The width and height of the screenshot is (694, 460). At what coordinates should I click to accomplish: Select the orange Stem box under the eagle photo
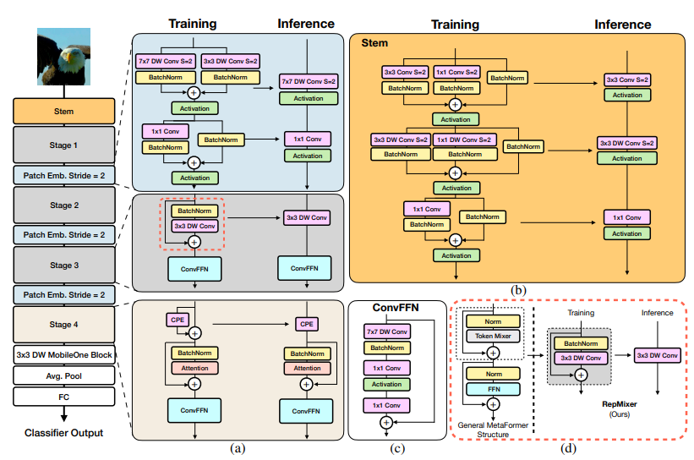pyautogui.click(x=63, y=111)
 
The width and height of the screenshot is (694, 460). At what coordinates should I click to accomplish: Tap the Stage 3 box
pyautogui.click(x=63, y=266)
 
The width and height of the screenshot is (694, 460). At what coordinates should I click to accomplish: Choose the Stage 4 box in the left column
pyautogui.click(x=63, y=326)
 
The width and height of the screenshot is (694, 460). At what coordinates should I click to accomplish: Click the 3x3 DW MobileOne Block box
pyautogui.click(x=63, y=355)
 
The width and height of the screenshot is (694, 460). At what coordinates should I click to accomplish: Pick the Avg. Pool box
pyautogui.click(x=63, y=375)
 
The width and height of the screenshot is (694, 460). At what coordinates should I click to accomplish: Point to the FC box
pyautogui.click(x=63, y=395)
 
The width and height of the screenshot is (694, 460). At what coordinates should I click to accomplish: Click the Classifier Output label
pyautogui.click(x=63, y=433)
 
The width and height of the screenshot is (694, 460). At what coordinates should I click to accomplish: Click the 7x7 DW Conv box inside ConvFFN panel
pyautogui.click(x=387, y=331)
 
